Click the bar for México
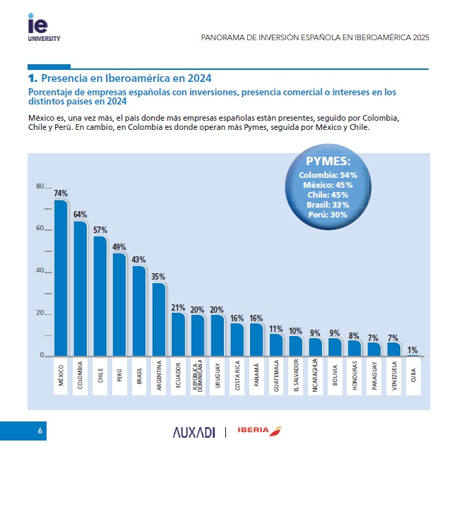(61, 279)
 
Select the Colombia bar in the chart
(81, 289)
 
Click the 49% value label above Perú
(119, 247)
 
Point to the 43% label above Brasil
(138, 260)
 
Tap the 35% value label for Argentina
(158, 277)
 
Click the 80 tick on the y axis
(40, 186)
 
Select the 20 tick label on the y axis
(40, 313)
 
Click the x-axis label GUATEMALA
(276, 375)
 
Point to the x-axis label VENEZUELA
(393, 375)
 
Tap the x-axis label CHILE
(100, 375)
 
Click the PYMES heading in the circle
(328, 161)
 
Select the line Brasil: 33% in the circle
(328, 204)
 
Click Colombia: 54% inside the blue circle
(328, 174)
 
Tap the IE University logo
(39, 28)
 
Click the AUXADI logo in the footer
(194, 432)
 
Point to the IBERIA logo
(259, 431)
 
